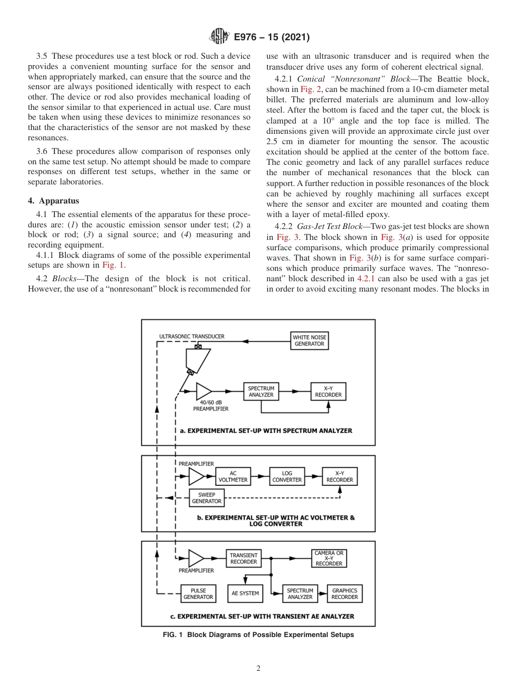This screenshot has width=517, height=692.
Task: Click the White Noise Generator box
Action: tap(309, 341)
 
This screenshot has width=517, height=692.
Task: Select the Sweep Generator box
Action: tap(206, 498)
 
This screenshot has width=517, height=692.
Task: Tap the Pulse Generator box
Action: tap(198, 594)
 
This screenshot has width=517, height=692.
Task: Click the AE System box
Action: tap(245, 594)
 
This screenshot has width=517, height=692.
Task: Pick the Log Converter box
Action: tap(287, 477)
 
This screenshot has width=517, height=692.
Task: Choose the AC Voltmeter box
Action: tap(233, 477)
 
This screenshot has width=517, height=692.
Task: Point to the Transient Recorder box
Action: tap(243, 559)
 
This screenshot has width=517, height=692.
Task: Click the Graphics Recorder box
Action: tap(344, 594)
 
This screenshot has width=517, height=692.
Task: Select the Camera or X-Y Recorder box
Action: tap(329, 559)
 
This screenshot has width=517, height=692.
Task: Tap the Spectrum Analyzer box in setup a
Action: tap(261, 392)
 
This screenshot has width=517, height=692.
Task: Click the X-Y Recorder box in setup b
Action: tap(339, 477)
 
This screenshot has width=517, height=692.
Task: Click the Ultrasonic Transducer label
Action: tap(192, 337)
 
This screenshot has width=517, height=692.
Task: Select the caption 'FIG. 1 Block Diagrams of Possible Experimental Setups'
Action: tap(258, 635)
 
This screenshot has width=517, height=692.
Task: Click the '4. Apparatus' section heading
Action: tap(53, 201)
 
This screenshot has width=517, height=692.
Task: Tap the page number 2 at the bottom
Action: tap(258, 669)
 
